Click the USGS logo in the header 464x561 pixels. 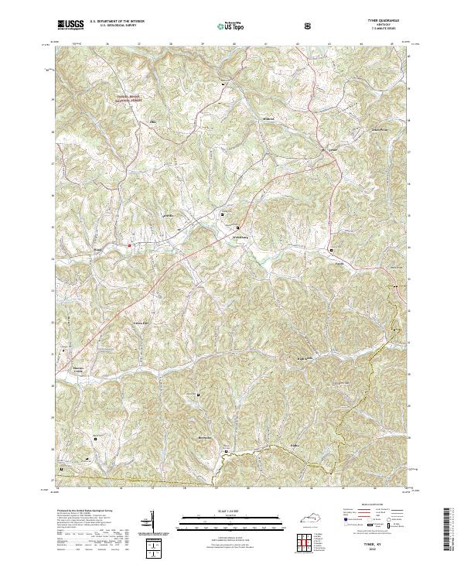[70, 25]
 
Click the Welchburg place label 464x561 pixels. [241, 237]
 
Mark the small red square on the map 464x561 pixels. [130, 247]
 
